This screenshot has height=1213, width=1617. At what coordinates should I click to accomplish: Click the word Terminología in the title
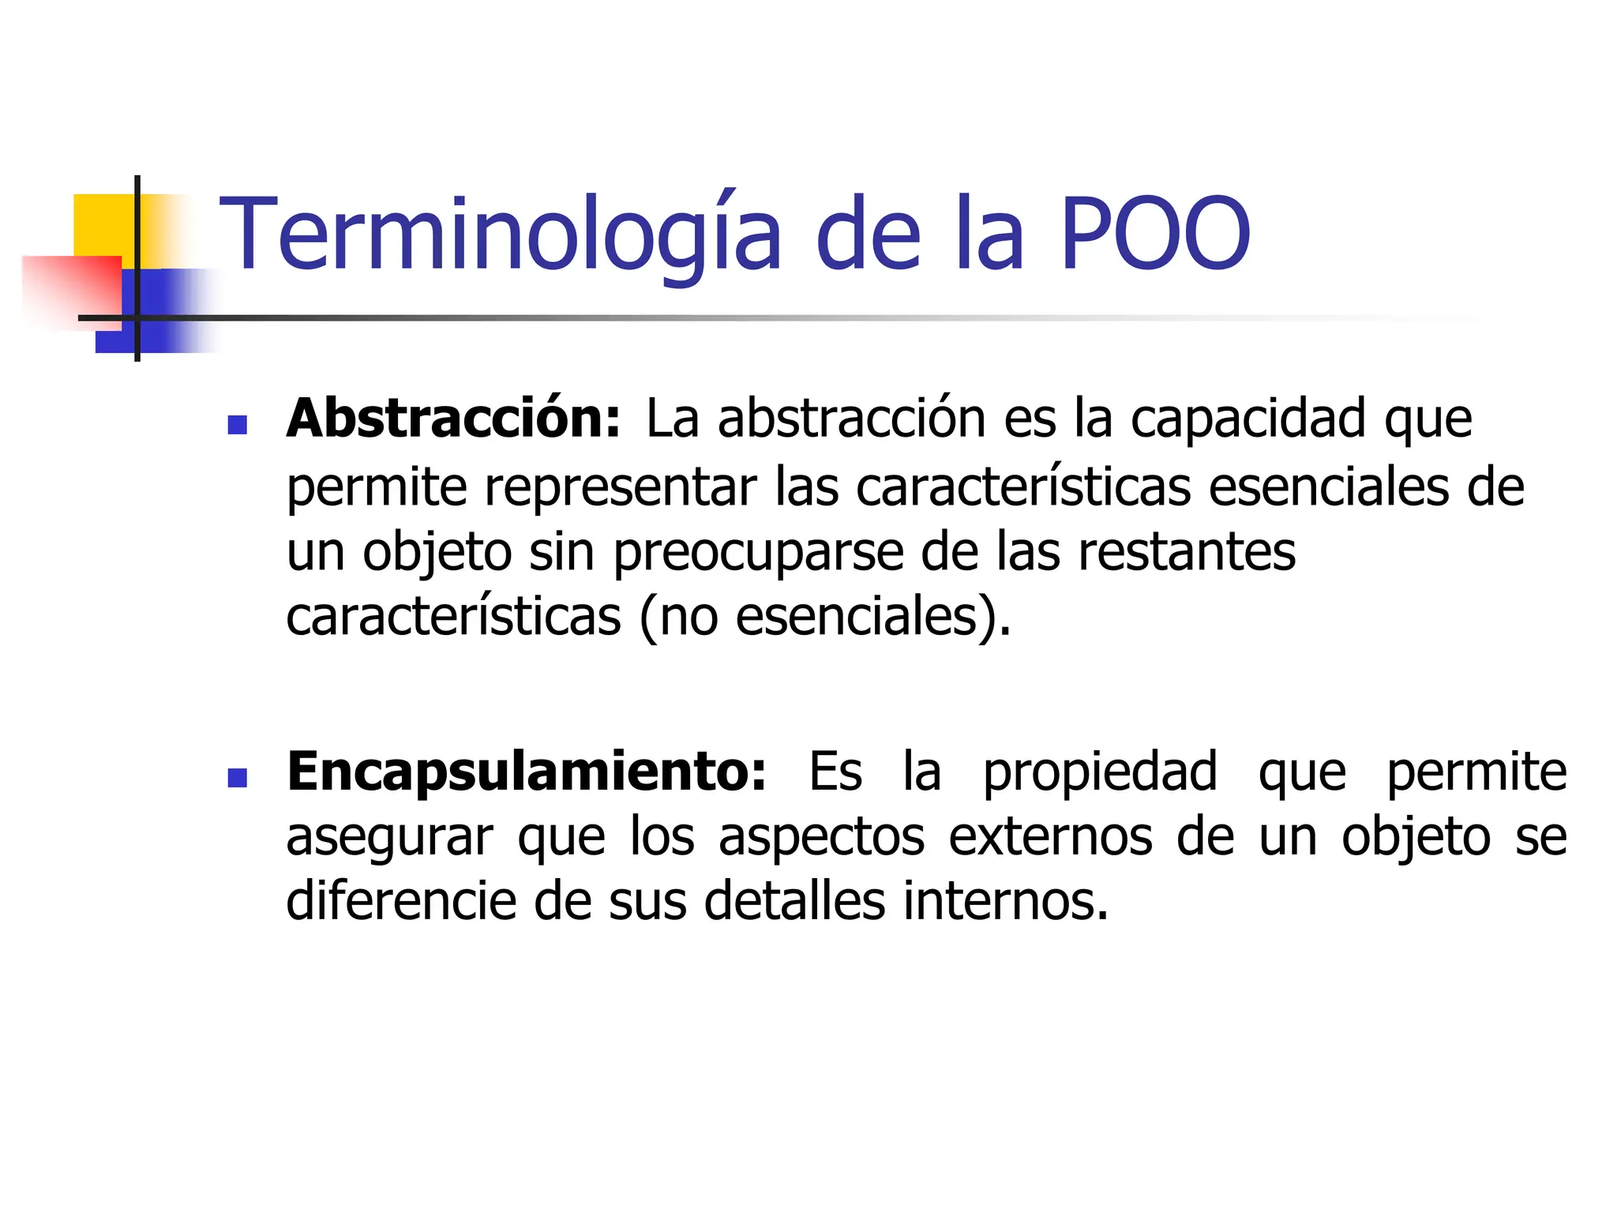(x=499, y=235)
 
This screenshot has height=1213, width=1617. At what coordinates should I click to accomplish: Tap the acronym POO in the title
(x=1154, y=235)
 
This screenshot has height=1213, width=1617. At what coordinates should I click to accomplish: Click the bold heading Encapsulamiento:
(x=527, y=772)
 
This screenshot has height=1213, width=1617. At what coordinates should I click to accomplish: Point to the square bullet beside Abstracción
(x=237, y=426)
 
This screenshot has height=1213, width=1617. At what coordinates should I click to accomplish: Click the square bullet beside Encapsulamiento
(x=237, y=779)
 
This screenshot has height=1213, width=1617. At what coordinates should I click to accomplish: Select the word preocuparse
(x=758, y=552)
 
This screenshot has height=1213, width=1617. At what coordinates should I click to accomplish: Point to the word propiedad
(x=1100, y=772)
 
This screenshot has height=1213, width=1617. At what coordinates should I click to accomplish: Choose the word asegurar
(x=389, y=838)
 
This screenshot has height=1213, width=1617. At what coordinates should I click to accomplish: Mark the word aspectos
(x=821, y=838)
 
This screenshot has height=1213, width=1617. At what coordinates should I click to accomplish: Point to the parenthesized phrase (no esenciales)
(x=824, y=617)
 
